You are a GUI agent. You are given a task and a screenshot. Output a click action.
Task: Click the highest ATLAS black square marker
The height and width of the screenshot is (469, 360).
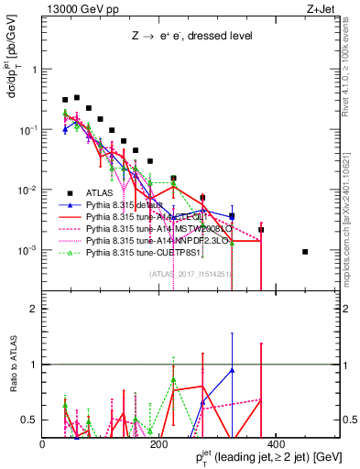tap(77, 97)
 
